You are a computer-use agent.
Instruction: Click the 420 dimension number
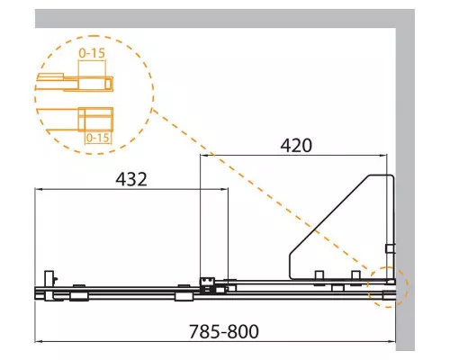(x=296, y=146)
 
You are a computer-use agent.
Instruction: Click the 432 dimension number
(x=131, y=179)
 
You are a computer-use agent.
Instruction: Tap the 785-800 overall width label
(x=224, y=331)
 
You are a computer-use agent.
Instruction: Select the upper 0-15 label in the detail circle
(x=92, y=53)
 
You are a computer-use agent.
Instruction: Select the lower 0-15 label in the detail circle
(x=97, y=138)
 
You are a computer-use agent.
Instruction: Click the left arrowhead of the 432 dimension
(x=39, y=189)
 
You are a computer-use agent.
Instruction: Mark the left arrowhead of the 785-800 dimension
(x=39, y=341)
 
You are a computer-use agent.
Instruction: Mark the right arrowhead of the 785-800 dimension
(x=392, y=341)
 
